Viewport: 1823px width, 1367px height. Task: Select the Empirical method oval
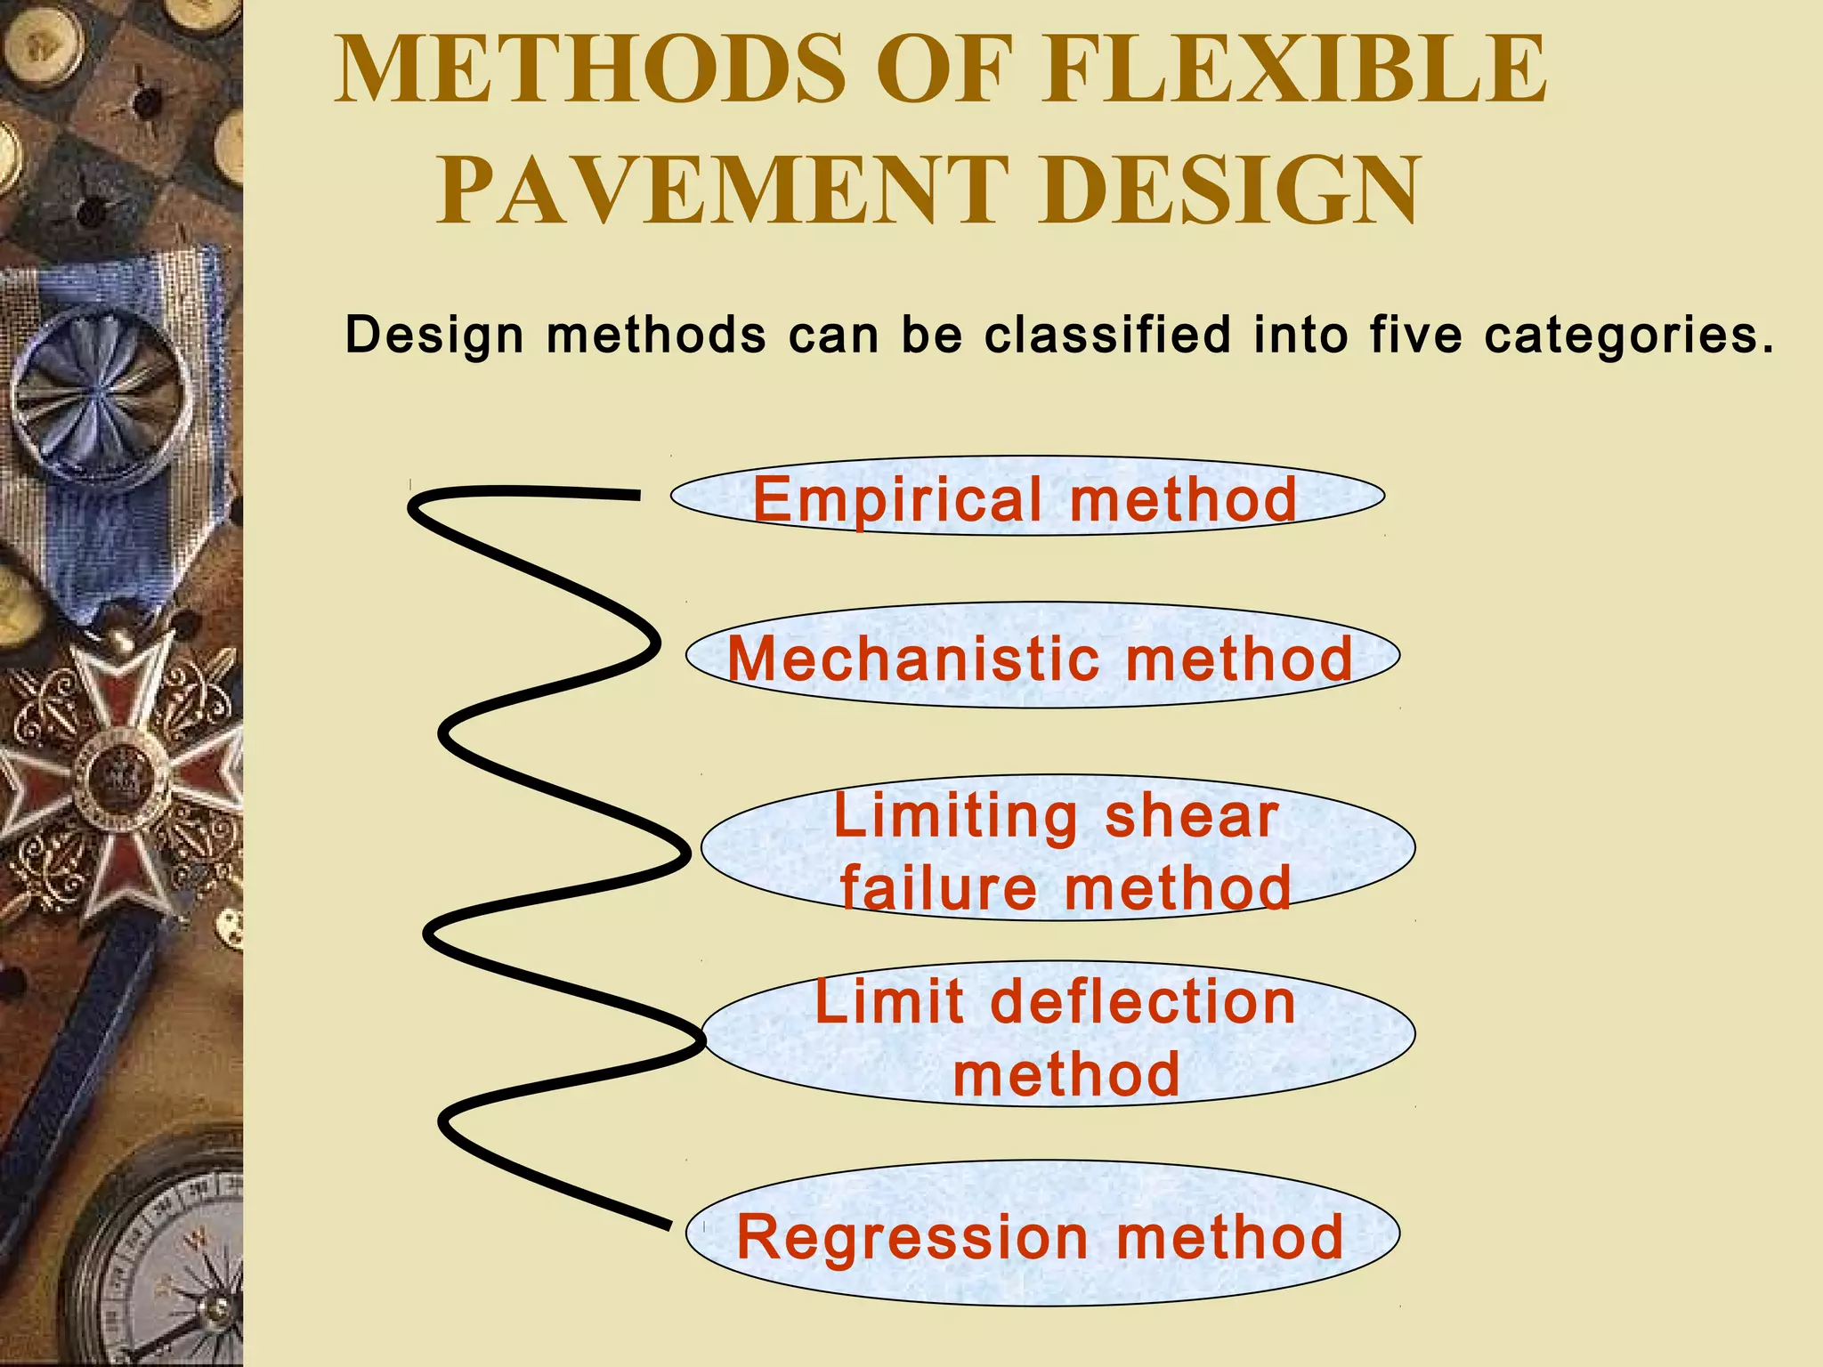click(1026, 497)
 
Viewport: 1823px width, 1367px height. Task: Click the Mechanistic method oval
click(1041, 657)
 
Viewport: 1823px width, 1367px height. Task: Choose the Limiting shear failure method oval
click(1057, 848)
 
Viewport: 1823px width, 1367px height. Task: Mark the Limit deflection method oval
click(1057, 1035)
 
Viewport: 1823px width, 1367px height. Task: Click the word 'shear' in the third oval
click(1191, 816)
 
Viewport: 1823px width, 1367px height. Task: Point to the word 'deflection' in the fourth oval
click(1143, 1002)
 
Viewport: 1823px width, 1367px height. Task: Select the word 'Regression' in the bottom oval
click(912, 1237)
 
